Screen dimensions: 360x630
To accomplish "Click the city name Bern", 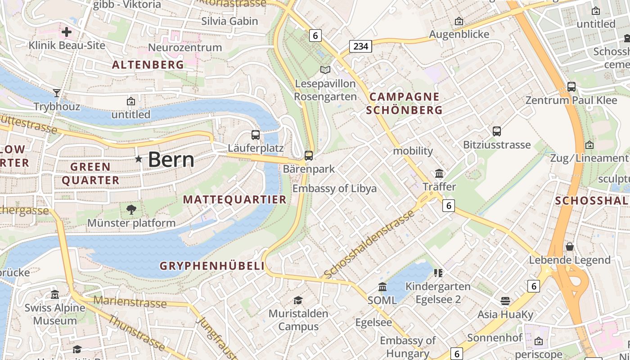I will coord(171,160).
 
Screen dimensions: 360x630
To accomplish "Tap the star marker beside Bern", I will coord(139,159).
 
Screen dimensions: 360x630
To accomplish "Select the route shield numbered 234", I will coord(360,46).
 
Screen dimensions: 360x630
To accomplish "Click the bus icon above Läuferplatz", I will coord(255,135).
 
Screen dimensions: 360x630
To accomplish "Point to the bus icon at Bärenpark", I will coord(309,156).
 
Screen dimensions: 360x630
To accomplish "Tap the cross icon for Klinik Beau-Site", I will coord(67,32).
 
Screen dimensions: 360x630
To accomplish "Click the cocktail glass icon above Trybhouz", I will coord(57,93).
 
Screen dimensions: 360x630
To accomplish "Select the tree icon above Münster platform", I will coord(131,209).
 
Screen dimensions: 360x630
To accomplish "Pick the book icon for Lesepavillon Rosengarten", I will coord(325,70).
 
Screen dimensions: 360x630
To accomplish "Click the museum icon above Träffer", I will coord(439,173).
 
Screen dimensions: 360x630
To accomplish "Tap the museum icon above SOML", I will coord(382,287).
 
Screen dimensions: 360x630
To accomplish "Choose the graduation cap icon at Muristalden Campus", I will coord(298,300).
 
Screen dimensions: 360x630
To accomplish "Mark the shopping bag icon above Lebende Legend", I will coord(570,247).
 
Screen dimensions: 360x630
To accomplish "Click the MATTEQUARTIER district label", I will coord(234,200).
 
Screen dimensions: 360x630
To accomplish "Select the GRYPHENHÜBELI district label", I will coord(212,266).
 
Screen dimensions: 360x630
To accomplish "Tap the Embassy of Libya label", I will coord(334,189).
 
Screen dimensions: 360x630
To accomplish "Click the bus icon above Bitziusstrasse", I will coord(497,131).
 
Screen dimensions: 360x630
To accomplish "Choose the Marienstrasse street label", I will coord(130,302).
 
